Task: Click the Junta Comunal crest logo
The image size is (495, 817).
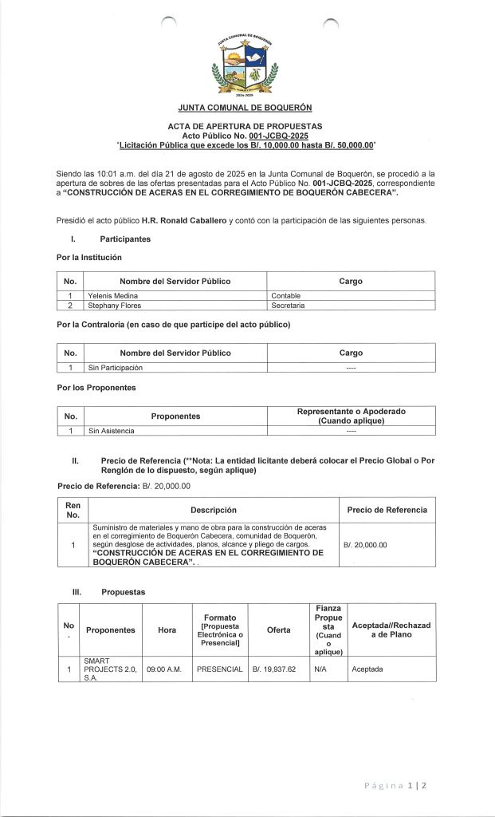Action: (246, 67)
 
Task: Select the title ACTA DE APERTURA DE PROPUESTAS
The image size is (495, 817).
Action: (246, 127)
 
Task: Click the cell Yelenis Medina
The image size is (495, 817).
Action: (112, 295)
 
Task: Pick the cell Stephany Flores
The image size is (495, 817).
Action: (115, 305)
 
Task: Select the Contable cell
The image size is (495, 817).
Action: (286, 295)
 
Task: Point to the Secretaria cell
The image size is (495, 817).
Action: (289, 305)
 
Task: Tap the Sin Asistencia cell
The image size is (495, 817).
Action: (112, 431)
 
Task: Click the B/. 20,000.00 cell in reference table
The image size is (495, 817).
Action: (365, 545)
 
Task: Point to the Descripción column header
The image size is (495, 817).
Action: (213, 510)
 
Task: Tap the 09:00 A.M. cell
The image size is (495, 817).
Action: (167, 669)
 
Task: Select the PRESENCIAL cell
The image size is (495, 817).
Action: (219, 669)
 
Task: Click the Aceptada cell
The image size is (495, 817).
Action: (367, 669)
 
